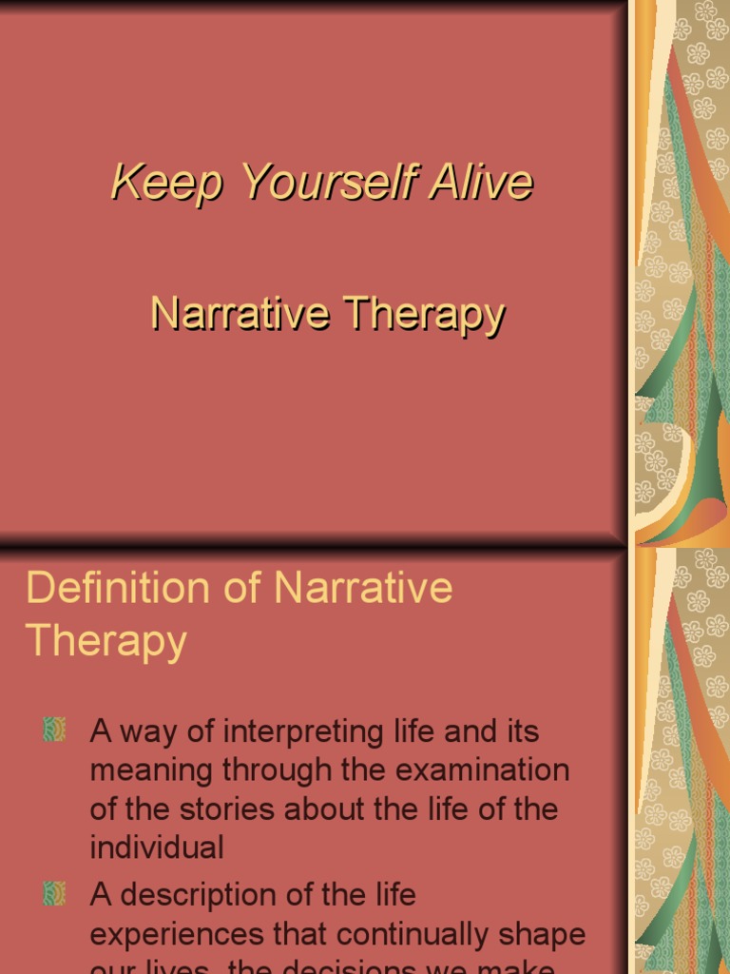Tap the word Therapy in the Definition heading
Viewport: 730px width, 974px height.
106,641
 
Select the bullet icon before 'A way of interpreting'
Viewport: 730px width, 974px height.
54,730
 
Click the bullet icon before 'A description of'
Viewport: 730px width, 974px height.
54,893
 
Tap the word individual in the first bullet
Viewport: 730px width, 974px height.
157,847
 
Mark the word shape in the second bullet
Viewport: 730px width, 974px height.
544,934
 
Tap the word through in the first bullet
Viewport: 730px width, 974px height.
283,770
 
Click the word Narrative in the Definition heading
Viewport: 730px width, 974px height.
363,588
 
